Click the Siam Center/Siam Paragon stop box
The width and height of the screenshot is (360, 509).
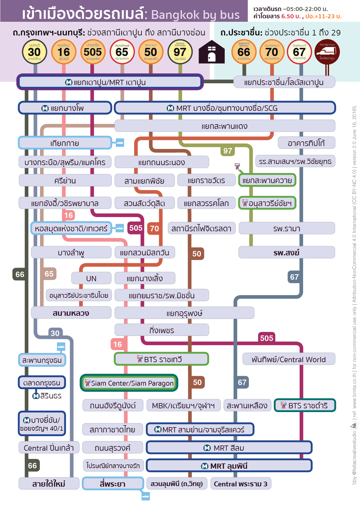129,383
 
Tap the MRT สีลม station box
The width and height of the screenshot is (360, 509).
229,448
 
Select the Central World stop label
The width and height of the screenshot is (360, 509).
289,359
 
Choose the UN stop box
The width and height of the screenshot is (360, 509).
91,278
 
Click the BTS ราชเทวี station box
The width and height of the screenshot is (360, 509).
161,359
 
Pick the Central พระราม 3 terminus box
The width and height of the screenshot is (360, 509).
241,484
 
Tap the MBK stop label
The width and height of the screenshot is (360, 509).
183,405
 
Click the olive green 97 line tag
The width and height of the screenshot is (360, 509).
228,151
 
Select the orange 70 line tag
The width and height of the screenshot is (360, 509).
154,229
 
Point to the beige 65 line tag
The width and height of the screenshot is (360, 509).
49,274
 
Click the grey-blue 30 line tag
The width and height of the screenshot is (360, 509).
55,333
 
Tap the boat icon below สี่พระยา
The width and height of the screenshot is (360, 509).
146,496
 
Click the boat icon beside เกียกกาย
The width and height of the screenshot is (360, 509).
120,142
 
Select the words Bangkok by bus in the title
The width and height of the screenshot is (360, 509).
195,15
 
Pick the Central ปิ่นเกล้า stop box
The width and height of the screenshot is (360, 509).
49,448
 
